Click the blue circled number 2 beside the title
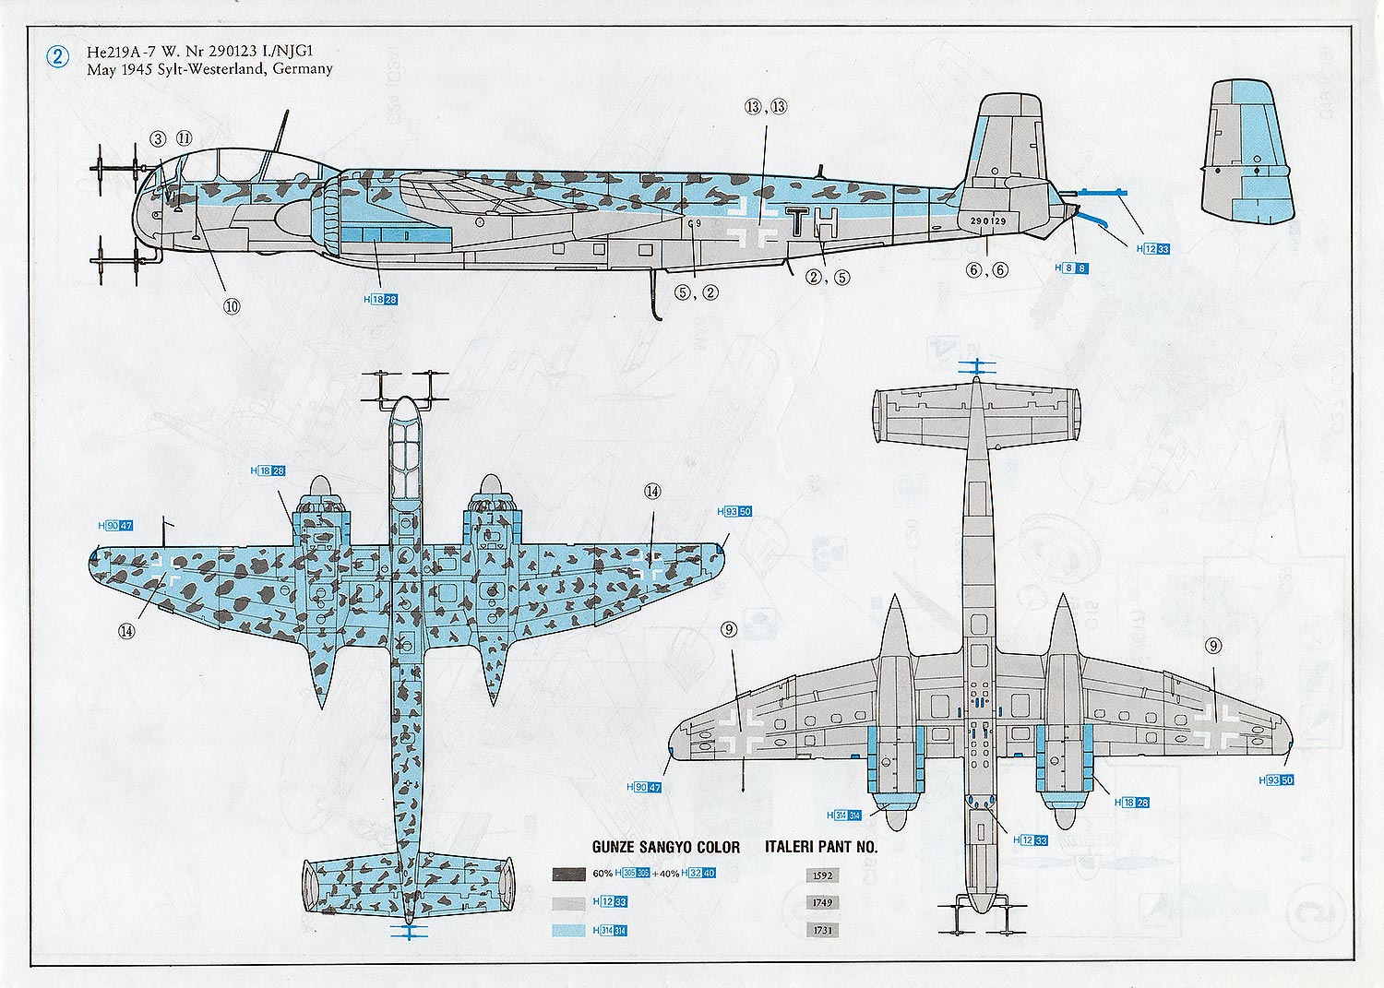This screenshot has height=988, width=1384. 56,57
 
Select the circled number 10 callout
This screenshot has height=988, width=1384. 231,306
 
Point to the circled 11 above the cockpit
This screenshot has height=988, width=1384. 184,138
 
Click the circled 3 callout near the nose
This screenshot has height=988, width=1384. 158,138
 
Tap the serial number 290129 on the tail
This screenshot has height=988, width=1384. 987,221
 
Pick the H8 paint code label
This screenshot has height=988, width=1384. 1071,268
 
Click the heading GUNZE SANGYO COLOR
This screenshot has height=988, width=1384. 665,847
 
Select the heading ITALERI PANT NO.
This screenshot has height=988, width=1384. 821,847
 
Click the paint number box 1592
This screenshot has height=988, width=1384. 822,875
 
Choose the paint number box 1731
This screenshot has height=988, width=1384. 822,930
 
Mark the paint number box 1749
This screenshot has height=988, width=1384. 822,902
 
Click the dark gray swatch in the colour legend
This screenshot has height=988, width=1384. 568,874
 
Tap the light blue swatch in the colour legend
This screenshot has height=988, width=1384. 568,930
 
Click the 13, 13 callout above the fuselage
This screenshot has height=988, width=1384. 766,107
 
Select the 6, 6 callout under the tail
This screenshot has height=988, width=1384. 986,270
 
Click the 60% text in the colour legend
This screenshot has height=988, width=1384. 603,874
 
